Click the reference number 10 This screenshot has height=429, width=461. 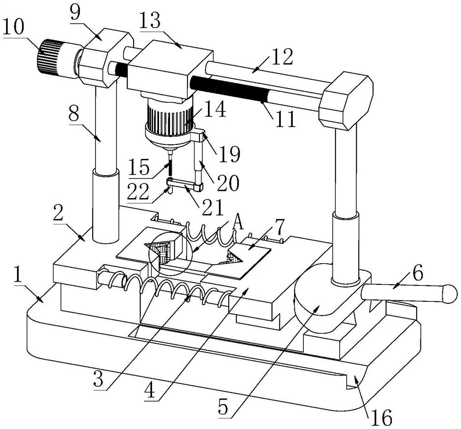(x=13, y=28)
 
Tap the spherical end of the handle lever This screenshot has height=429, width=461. (x=449, y=294)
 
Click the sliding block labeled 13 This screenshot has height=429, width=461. (x=170, y=70)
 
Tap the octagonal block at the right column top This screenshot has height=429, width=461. (x=346, y=100)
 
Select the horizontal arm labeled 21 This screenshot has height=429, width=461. (x=185, y=185)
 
